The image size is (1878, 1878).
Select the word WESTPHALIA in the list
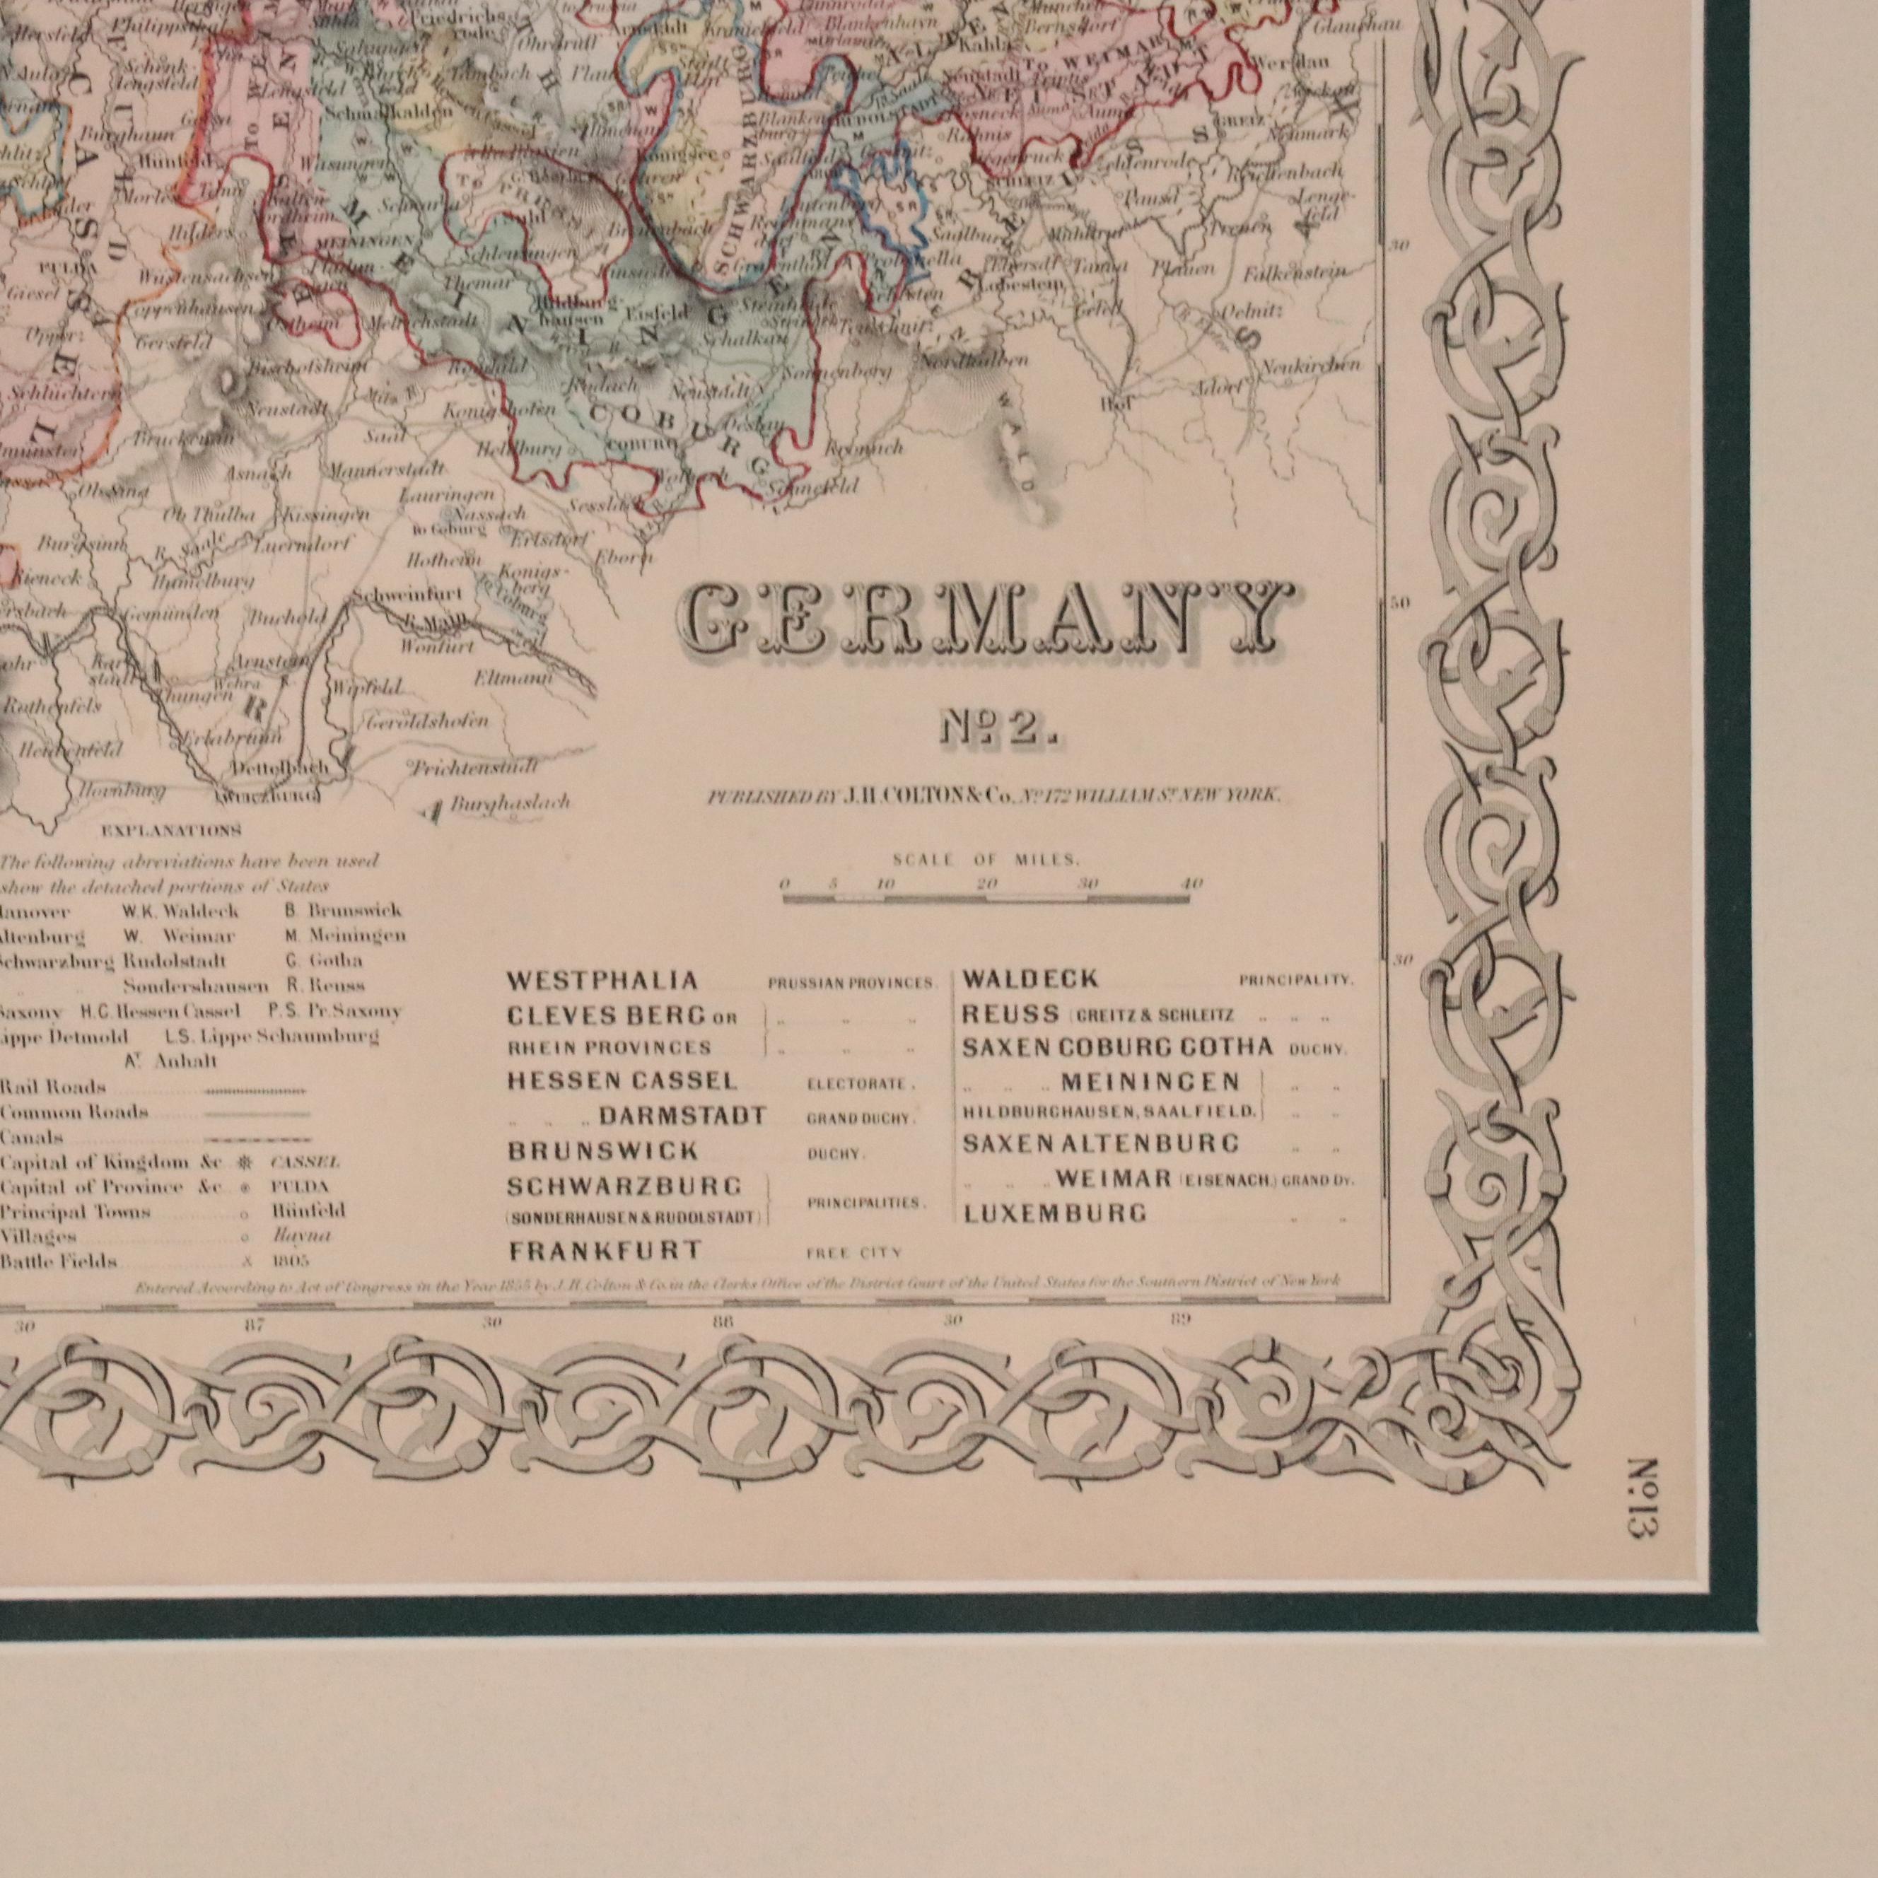pyautogui.click(x=602, y=981)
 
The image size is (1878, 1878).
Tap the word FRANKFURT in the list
pyautogui.click(x=605, y=1251)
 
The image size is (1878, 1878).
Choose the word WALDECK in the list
pyautogui.click(x=1030, y=979)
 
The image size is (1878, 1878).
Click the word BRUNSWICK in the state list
pyautogui.click(x=602, y=1152)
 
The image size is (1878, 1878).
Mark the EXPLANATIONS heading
pyautogui.click(x=171, y=831)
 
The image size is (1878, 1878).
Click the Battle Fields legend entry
pyautogui.click(x=58, y=1261)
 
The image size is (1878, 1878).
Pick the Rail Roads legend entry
pyautogui.click(x=54, y=1087)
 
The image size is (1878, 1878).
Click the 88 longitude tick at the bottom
pyautogui.click(x=722, y=1322)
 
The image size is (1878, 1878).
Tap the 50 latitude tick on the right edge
pyautogui.click(x=1400, y=602)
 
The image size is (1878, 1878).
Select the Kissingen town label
pyautogui.click(x=326, y=514)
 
